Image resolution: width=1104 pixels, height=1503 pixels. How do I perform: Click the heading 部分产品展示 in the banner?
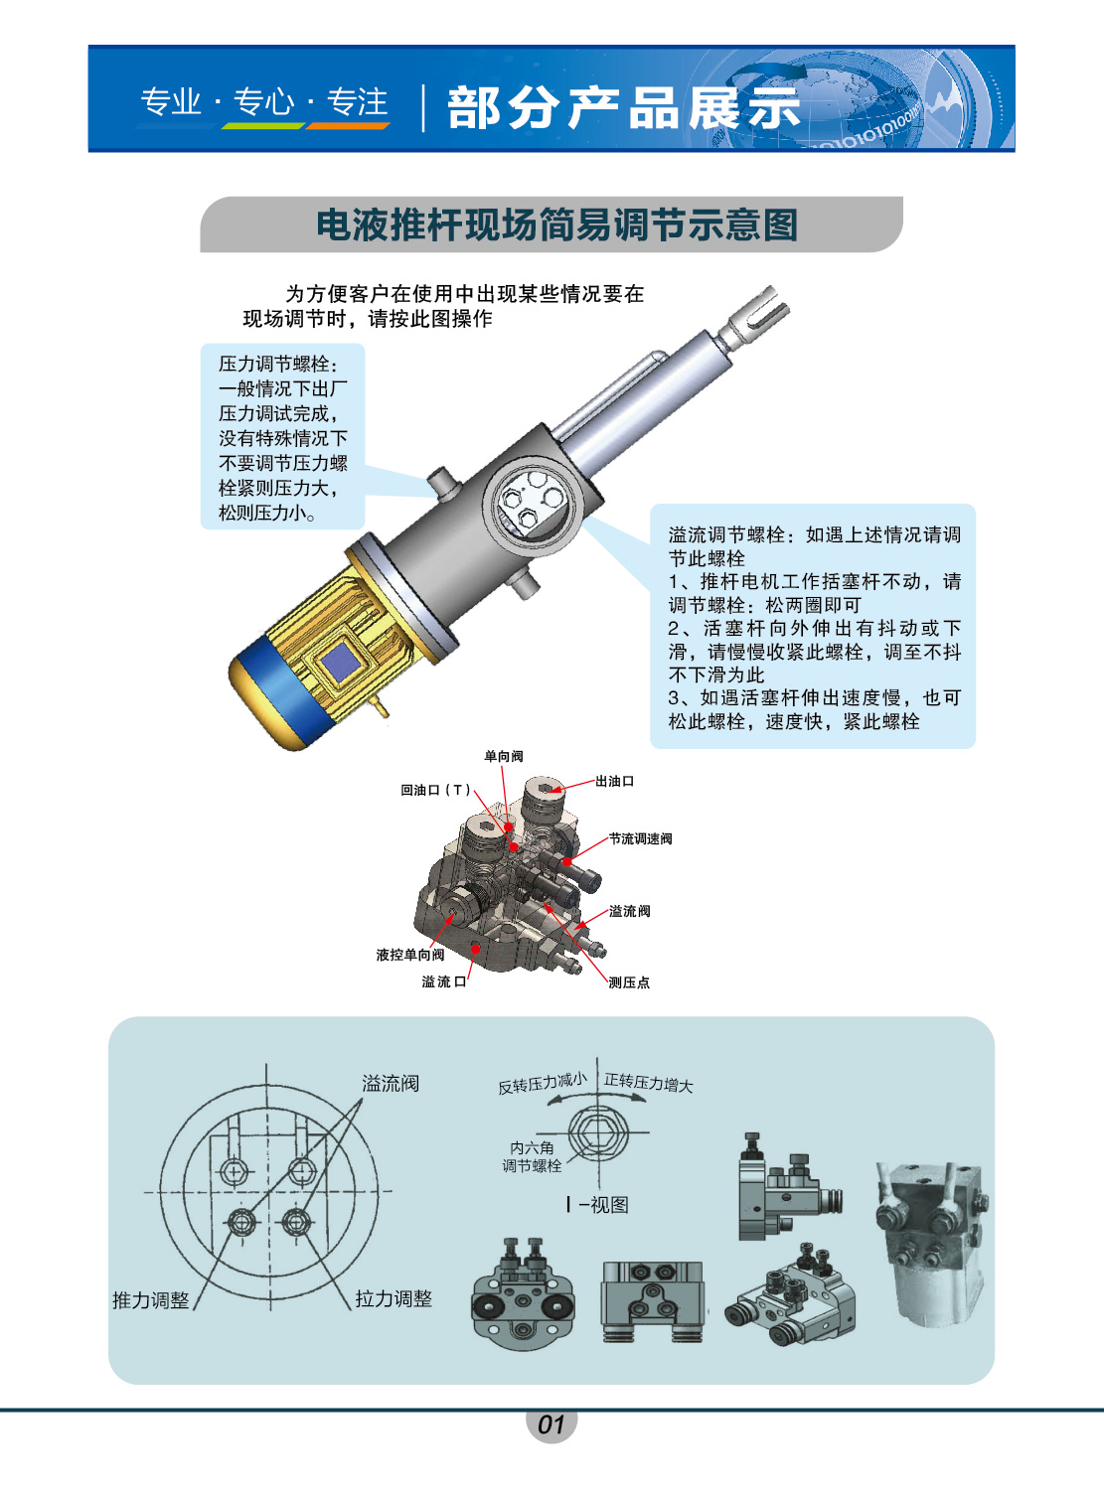click(x=624, y=107)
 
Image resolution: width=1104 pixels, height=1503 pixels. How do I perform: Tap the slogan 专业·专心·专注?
click(x=263, y=102)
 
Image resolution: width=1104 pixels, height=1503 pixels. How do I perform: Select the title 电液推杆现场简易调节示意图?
click(x=557, y=225)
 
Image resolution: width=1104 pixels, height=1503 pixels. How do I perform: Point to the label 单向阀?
click(x=504, y=756)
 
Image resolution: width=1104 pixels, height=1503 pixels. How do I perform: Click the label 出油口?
click(x=615, y=781)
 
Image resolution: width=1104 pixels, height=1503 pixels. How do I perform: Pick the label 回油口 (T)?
click(x=436, y=790)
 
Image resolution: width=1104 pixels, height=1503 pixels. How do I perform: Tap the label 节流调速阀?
click(x=640, y=838)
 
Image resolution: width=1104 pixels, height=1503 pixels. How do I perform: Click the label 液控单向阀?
click(x=410, y=955)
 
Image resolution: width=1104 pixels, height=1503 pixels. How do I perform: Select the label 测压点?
click(x=629, y=983)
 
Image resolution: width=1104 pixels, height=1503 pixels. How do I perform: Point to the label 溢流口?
click(x=443, y=981)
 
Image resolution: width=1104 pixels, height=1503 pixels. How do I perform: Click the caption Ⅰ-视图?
click(x=597, y=1205)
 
